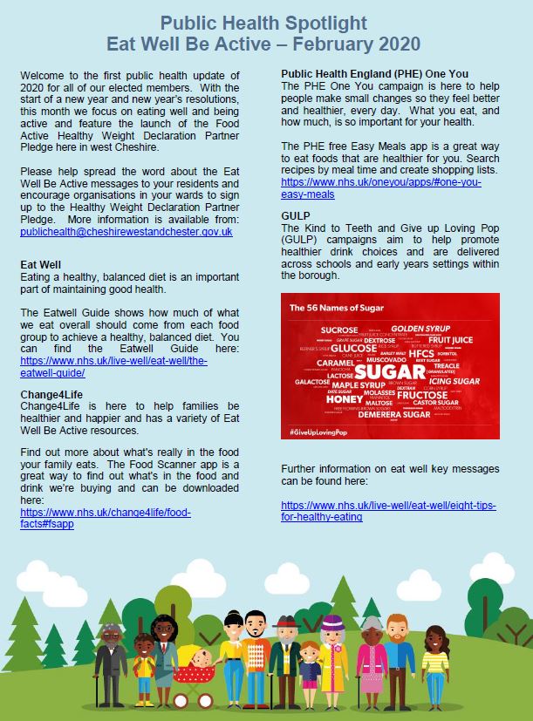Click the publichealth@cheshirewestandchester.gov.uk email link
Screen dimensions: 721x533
click(x=126, y=232)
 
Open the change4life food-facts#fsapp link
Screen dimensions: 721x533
click(x=105, y=518)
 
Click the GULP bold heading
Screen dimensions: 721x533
click(x=297, y=215)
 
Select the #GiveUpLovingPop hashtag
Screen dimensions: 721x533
click(x=325, y=432)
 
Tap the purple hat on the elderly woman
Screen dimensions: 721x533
click(x=332, y=623)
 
